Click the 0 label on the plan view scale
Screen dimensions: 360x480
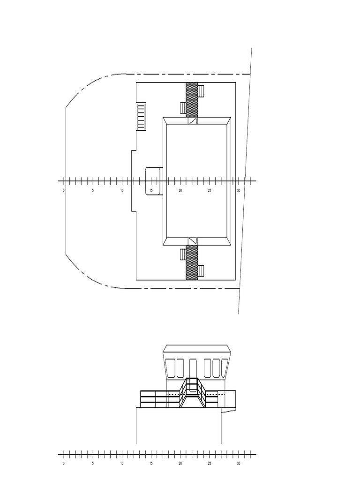64,191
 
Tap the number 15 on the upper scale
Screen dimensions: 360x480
151,191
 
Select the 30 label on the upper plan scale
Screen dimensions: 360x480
239,191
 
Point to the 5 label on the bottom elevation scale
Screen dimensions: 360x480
93,464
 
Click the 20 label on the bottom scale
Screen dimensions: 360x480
180,464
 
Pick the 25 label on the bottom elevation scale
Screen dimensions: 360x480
210,464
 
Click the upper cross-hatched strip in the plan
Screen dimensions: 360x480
192,99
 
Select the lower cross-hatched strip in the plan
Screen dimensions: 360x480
192,262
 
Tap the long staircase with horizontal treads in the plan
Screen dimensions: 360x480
141,116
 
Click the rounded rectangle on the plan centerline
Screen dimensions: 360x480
153,181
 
